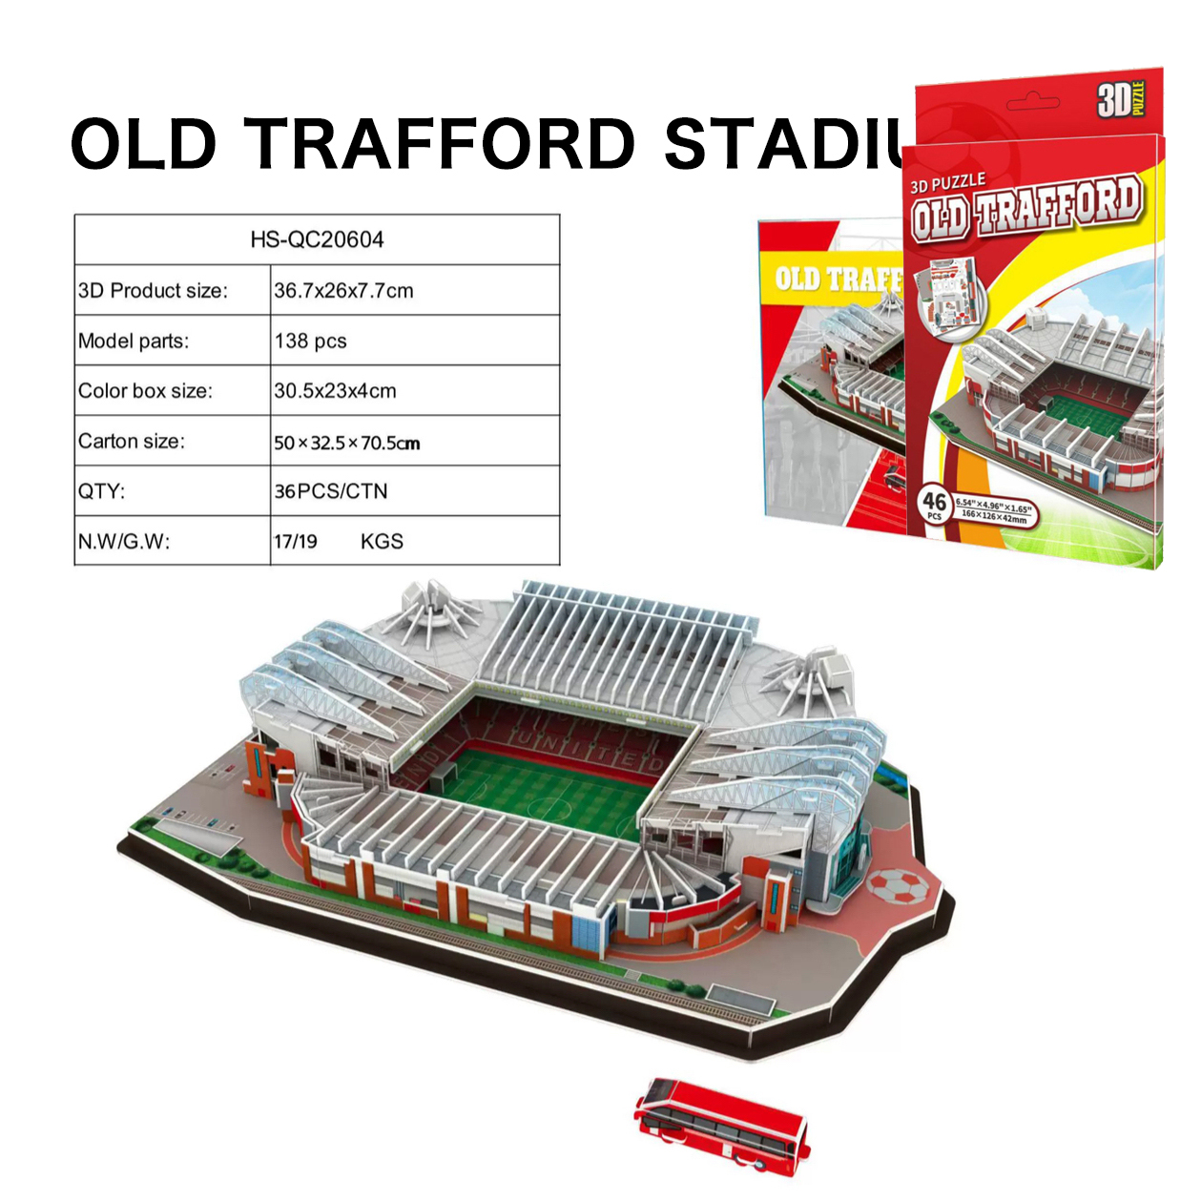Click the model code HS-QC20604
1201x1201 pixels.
(317, 239)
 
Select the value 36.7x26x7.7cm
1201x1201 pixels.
(343, 291)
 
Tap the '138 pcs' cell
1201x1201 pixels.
(310, 342)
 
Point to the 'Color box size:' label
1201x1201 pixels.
(145, 391)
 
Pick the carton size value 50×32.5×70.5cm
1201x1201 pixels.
(346, 443)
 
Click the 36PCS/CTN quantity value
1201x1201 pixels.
(331, 491)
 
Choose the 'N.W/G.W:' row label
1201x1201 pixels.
(124, 542)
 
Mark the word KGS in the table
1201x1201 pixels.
(382, 542)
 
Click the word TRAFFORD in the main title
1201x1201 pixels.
(440, 145)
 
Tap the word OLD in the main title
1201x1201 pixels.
(144, 145)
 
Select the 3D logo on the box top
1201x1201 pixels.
(1120, 99)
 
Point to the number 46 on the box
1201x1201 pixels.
(934, 501)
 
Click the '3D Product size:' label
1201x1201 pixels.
(153, 291)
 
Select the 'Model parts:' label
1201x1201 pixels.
(134, 342)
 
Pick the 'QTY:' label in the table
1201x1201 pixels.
(101, 491)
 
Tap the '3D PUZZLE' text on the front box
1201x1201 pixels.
(946, 182)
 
